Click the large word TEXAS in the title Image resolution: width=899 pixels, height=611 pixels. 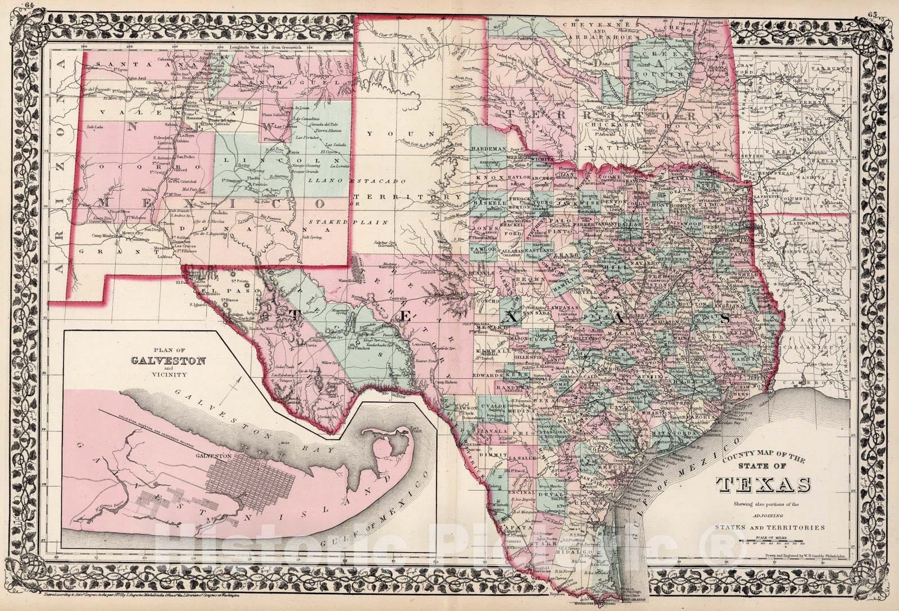pyautogui.click(x=762, y=485)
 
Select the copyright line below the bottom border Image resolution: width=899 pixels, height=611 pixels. pyautogui.click(x=140, y=594)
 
